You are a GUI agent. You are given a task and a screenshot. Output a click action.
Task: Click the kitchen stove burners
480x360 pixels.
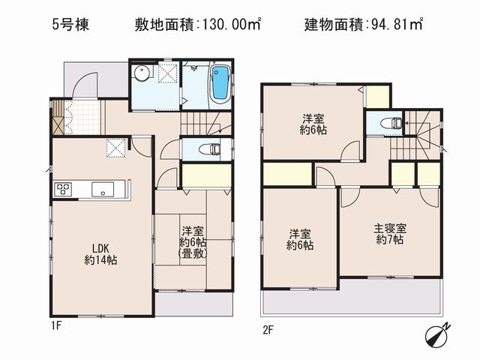(x=62, y=189)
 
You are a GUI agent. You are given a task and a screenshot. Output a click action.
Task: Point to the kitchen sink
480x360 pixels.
(x=100, y=190)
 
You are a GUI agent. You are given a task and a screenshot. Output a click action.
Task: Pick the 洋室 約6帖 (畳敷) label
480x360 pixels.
(x=193, y=242)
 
